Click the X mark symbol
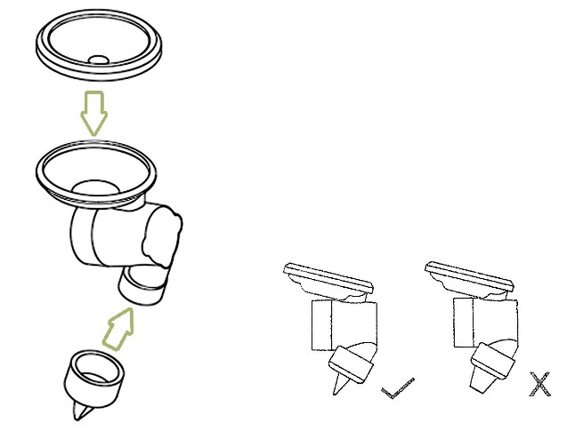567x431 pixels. [539, 384]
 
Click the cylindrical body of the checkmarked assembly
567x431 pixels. [342, 320]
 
